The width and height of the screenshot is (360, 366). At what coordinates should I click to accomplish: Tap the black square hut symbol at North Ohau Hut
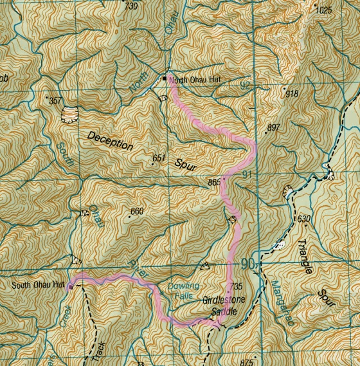coord(165,78)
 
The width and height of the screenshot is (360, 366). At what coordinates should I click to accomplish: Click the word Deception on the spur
coord(111,140)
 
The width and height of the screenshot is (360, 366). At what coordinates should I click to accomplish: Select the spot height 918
coord(292,94)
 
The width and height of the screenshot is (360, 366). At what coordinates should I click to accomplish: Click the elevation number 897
coord(273,127)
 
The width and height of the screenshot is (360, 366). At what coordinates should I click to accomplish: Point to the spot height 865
coord(214,183)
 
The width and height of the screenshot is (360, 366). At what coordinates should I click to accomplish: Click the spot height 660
coord(136,212)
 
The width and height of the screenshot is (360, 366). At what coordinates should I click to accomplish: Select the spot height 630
coord(304,219)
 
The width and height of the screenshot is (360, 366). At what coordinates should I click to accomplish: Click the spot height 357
coord(55,101)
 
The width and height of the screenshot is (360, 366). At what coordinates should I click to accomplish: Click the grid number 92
coord(245,84)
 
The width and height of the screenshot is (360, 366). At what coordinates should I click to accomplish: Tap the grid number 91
coord(249,175)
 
